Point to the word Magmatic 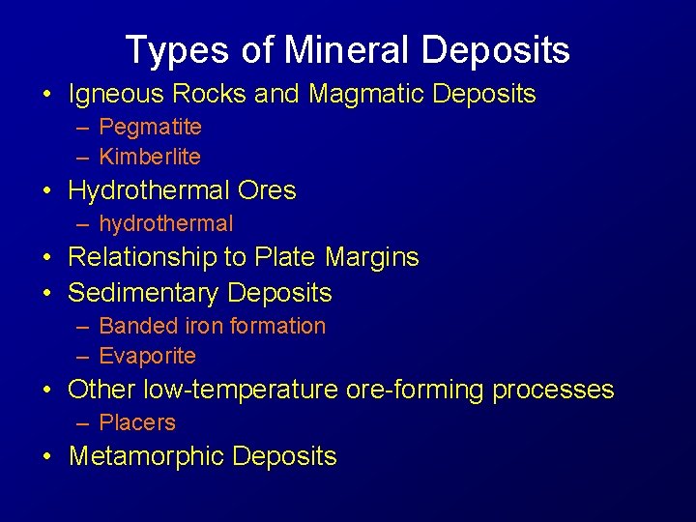click(x=366, y=94)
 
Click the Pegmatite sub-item click(x=150, y=127)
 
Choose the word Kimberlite click(x=150, y=157)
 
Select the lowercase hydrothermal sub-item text click(x=166, y=223)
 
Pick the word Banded click(x=132, y=326)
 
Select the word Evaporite click(x=147, y=356)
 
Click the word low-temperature click(x=238, y=390)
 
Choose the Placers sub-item click(x=137, y=422)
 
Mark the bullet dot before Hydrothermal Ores click(x=46, y=191)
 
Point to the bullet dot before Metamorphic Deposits click(x=46, y=457)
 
